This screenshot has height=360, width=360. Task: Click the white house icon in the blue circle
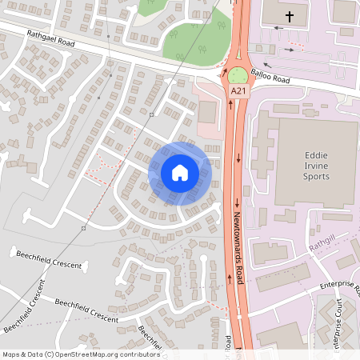[x=180, y=173]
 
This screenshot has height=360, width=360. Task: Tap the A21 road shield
[x=238, y=93]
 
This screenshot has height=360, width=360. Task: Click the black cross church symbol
[x=289, y=15]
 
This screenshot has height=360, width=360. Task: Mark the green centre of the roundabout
[x=238, y=76]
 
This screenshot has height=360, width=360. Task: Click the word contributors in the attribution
[x=138, y=354]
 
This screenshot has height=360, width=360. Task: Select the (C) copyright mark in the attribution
[x=49, y=354]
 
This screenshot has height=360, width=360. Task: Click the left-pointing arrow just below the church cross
[x=278, y=28]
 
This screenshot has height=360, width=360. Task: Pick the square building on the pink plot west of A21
[x=208, y=111]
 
